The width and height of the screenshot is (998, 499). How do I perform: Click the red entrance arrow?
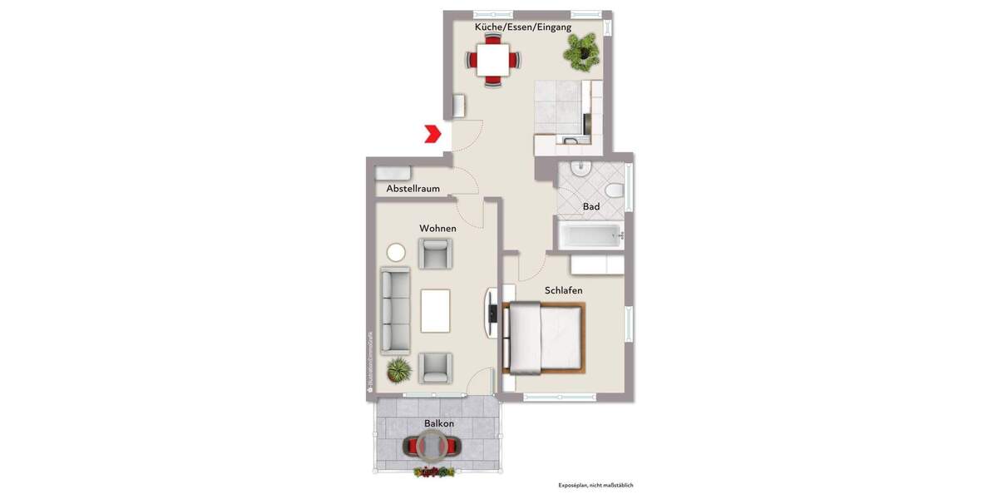point(432,134)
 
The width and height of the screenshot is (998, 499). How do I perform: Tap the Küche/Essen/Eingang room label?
point(522,27)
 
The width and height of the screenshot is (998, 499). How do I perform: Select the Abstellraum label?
point(413,189)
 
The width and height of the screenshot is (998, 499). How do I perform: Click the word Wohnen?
point(437,228)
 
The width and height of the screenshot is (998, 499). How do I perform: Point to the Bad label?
point(591,206)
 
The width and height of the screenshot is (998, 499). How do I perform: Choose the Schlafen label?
point(563,290)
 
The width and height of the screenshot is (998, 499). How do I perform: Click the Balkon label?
point(438,423)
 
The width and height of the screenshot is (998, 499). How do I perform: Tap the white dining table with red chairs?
point(493,61)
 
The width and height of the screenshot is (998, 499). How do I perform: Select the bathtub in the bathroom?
point(590,235)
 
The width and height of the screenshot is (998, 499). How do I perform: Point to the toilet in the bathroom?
point(614,190)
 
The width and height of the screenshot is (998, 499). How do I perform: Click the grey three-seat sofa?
point(396,310)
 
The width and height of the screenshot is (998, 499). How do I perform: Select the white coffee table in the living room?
point(436,309)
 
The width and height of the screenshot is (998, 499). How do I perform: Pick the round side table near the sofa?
point(396,252)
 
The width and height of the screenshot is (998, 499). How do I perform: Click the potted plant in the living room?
point(399,368)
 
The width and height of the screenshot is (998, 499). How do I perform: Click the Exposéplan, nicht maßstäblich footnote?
point(601,486)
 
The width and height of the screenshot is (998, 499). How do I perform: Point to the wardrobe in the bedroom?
point(597,264)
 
